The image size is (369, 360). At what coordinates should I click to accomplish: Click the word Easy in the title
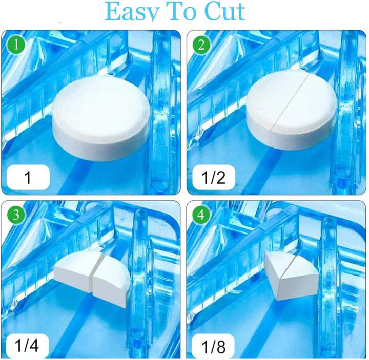point(135,11)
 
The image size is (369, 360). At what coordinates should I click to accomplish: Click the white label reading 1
point(29,178)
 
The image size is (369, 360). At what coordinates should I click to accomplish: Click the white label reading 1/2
point(213,178)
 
